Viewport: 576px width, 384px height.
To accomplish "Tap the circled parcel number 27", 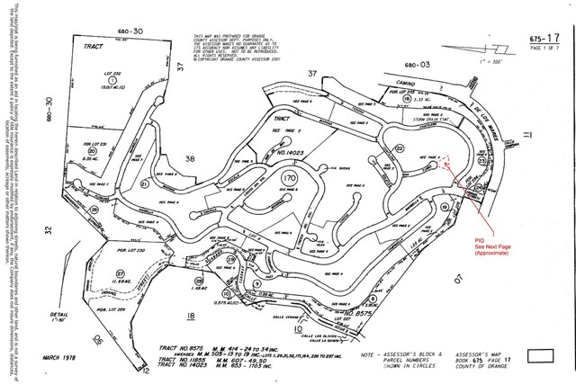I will tap(120, 273).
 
